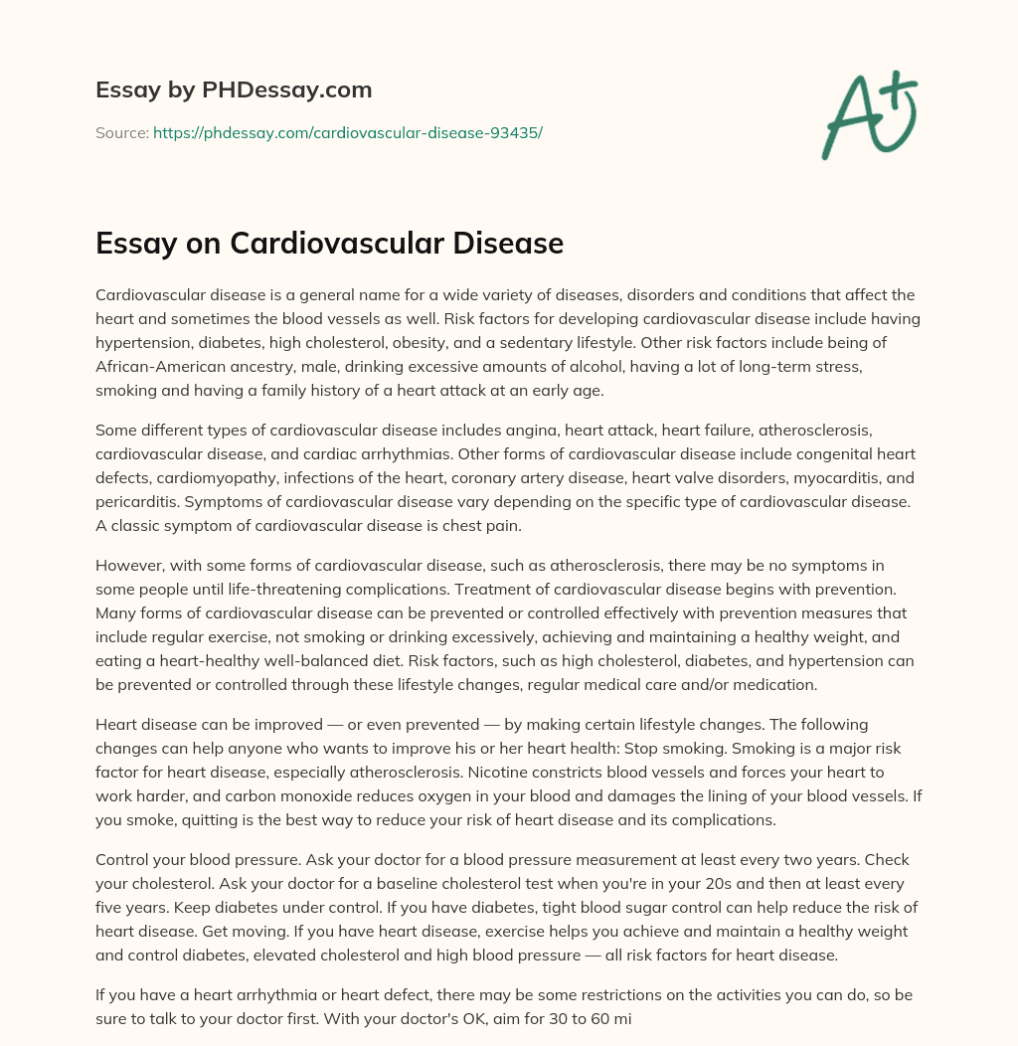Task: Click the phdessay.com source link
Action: tap(347, 132)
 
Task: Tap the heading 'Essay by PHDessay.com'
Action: tap(234, 90)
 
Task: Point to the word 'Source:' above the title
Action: tap(121, 132)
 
